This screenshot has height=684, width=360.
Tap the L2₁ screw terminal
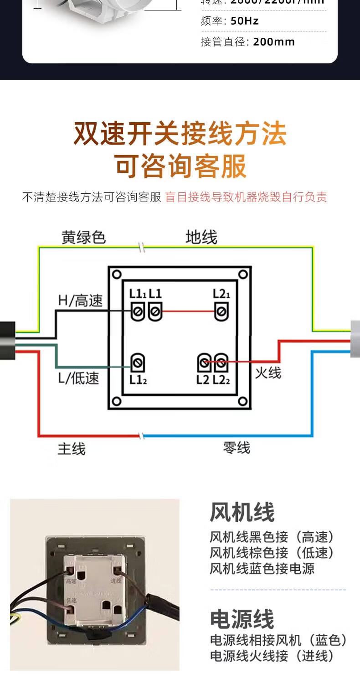pos(221,312)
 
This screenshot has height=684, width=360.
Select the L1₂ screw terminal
pos(138,363)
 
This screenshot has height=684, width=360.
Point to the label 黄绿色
pos(84,237)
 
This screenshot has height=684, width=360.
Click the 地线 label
pos(201,237)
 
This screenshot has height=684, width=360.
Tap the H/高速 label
pos(81,301)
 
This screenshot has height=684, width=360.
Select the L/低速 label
pos(78,378)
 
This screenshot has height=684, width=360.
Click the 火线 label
pos(268,373)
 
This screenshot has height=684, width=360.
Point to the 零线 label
pos(237,448)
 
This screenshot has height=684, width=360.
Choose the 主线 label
pos(72,449)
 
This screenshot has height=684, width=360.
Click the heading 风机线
pos(242,512)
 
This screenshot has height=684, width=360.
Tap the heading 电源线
pos(242,619)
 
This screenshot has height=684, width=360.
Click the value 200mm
pos(274,42)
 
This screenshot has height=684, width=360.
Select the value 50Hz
pos(245,21)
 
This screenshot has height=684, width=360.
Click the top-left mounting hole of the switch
pos(117,274)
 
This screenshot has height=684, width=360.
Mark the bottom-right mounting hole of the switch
pos(243,401)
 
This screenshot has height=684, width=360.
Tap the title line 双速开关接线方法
pos(180,134)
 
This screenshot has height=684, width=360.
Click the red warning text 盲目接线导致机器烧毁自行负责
pos(246,197)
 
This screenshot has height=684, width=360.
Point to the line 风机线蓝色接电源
pos(262,569)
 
